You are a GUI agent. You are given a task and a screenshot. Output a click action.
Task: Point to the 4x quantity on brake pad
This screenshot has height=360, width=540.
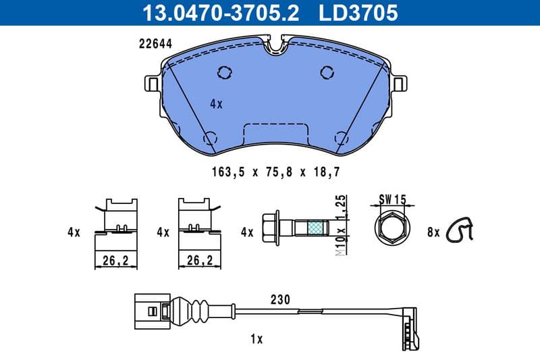click(x=216, y=104)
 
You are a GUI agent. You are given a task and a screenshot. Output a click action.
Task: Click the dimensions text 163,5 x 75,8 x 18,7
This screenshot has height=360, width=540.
click(x=275, y=172)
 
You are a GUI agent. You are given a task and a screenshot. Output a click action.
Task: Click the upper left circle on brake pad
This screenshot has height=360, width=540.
click(x=225, y=72)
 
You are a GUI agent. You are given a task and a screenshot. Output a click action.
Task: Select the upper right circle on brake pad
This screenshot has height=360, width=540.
click(x=327, y=72)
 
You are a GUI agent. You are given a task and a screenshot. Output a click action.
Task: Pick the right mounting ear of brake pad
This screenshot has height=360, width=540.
click(x=400, y=84)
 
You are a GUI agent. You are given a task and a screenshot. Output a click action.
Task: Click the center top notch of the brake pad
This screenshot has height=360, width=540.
click(x=276, y=46)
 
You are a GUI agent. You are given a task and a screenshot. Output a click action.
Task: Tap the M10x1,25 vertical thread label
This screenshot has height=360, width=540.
click(x=342, y=226)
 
